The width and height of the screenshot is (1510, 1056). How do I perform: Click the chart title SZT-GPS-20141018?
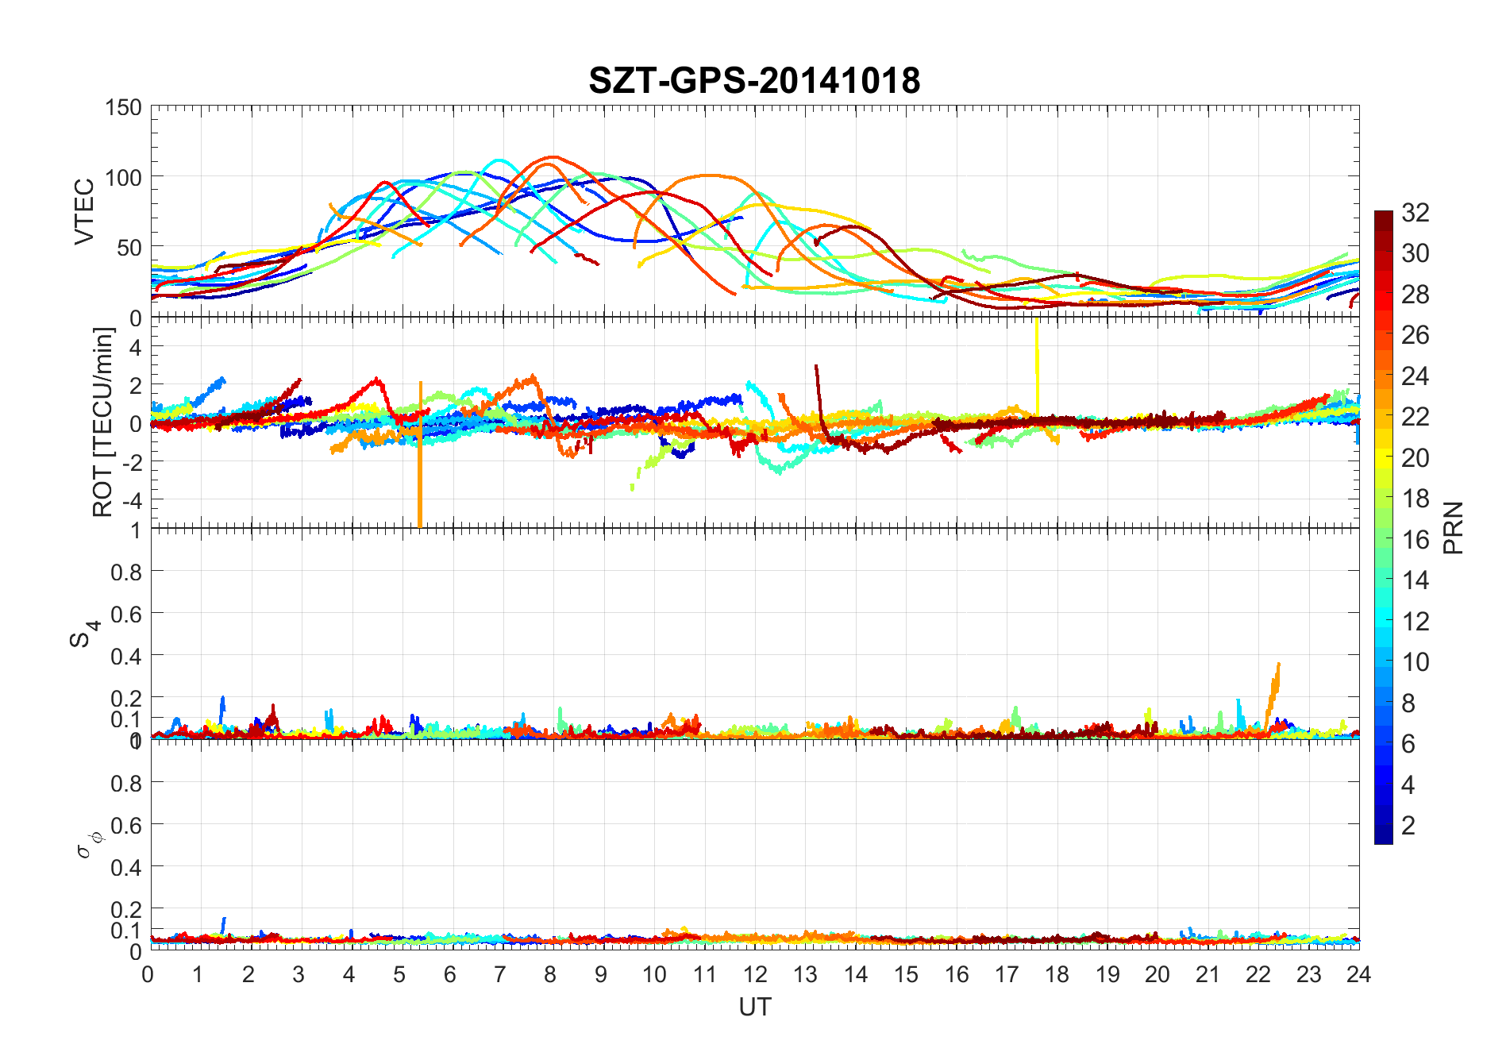click(x=754, y=80)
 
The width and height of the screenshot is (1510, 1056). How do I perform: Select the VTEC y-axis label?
click(x=84, y=211)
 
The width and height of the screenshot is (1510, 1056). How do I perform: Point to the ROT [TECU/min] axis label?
click(x=103, y=422)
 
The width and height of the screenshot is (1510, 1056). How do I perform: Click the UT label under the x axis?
click(x=754, y=1007)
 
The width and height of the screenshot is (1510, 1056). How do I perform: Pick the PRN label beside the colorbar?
click(x=1453, y=527)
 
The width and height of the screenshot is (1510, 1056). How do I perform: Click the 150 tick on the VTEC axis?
click(x=123, y=107)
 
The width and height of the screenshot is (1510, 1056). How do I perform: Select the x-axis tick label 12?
click(x=755, y=974)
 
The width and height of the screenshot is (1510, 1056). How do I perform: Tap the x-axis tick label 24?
click(x=1358, y=974)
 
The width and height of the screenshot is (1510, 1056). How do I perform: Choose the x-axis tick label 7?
click(x=500, y=974)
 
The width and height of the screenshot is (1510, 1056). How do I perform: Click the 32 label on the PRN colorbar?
click(x=1416, y=212)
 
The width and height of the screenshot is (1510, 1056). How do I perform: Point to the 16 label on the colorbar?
click(x=1416, y=539)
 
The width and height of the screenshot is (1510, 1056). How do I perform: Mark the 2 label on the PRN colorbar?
click(x=1408, y=825)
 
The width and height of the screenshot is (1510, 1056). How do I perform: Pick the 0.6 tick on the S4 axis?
click(x=126, y=613)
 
